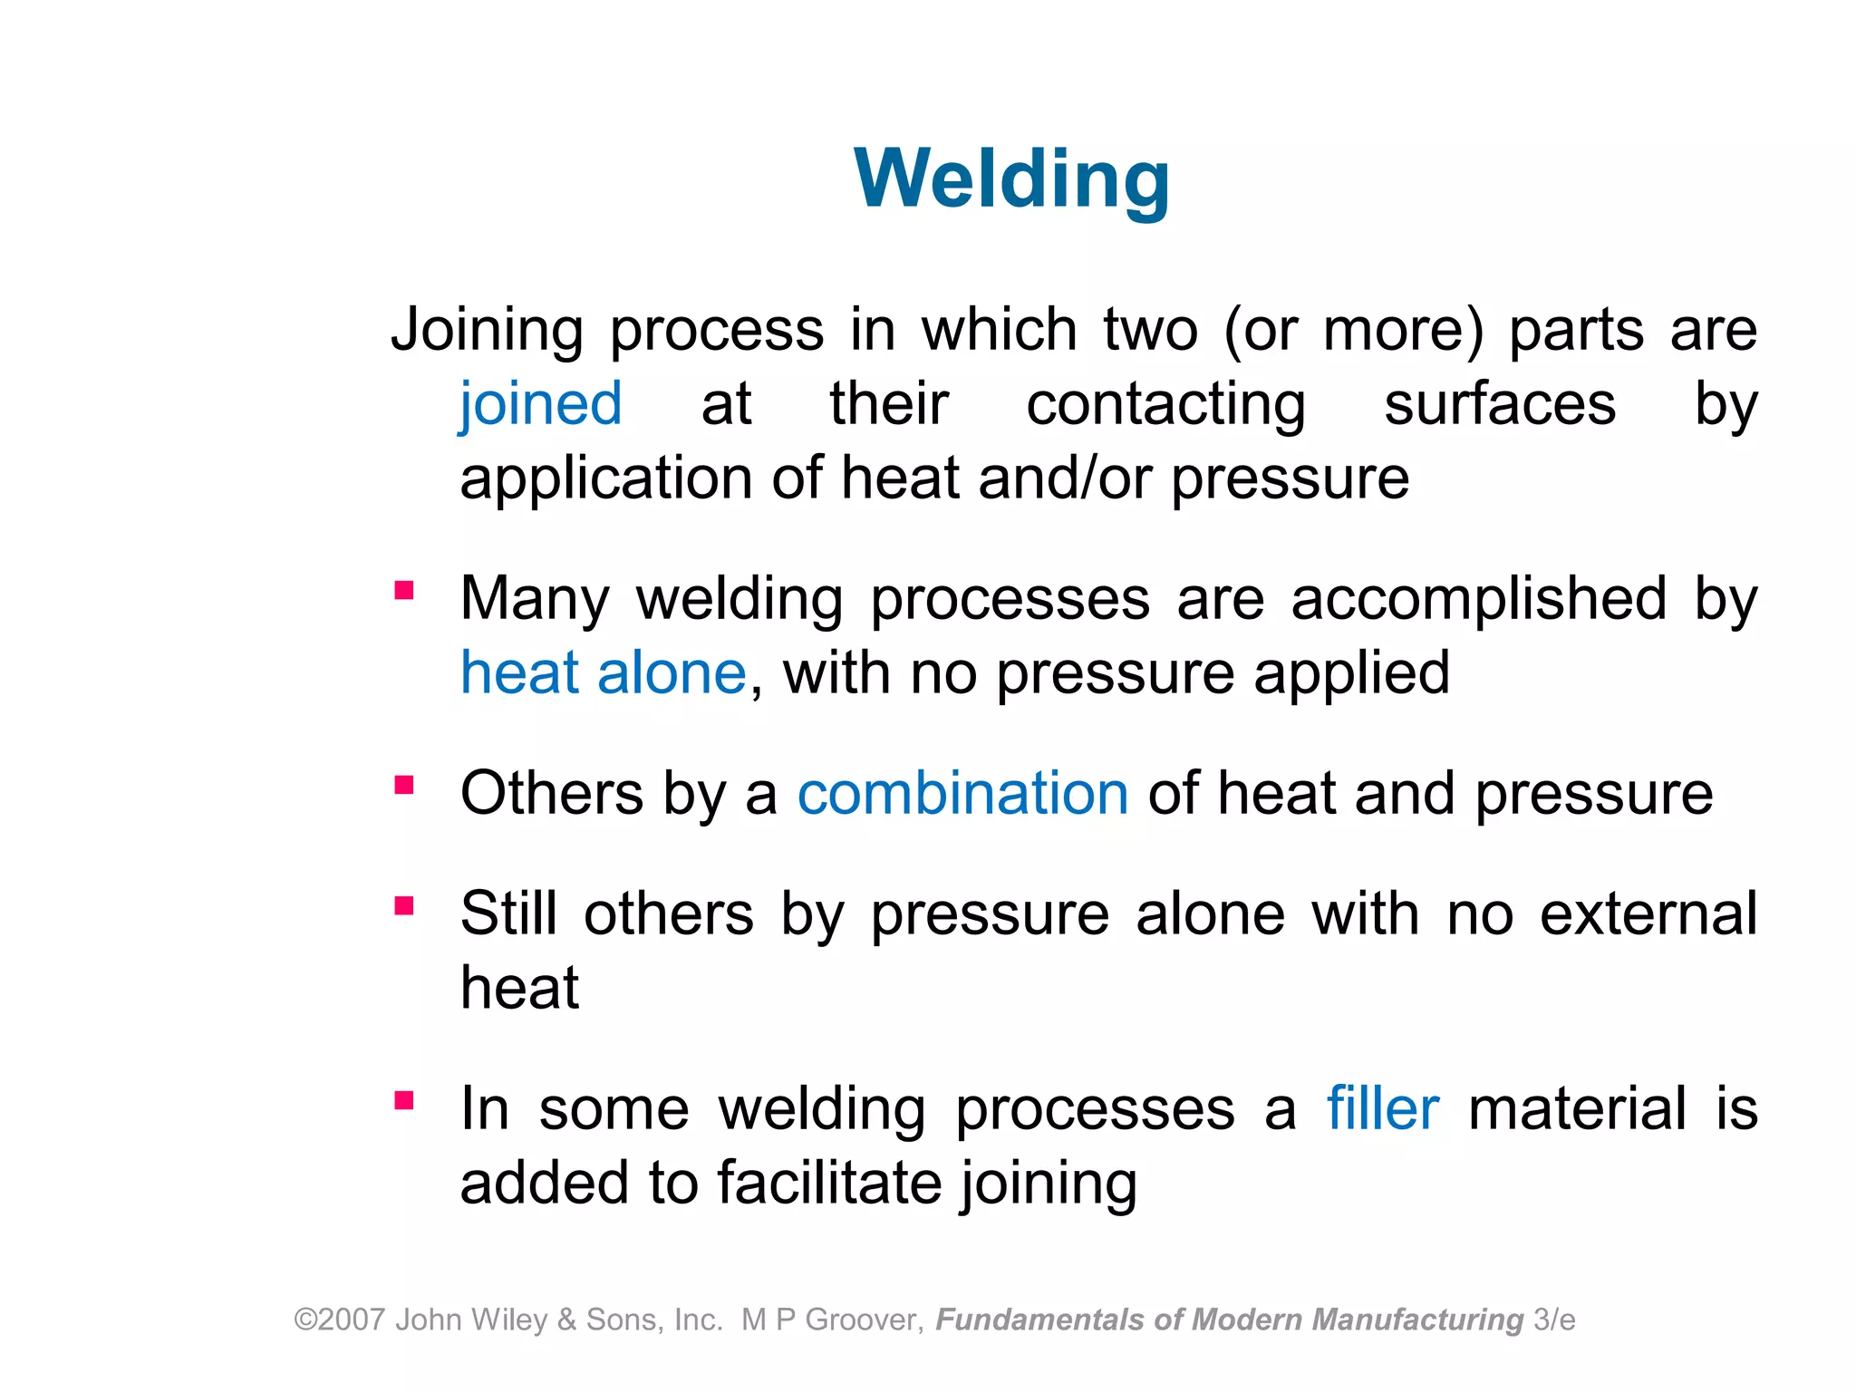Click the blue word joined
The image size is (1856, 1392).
click(541, 404)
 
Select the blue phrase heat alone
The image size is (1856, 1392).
click(603, 673)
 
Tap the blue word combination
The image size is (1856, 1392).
click(962, 794)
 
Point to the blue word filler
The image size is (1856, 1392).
click(1382, 1108)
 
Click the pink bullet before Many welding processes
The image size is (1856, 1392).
click(404, 591)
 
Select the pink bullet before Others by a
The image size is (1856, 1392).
click(404, 784)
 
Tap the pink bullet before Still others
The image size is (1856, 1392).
click(404, 905)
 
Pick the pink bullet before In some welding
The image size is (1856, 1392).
click(404, 1100)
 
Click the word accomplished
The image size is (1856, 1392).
click(1478, 600)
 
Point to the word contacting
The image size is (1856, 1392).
click(1165, 404)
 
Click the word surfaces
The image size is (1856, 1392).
click(1500, 404)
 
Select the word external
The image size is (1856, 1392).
click(1648, 913)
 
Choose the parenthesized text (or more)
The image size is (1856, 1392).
click(1354, 330)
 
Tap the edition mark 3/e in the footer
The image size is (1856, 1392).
click(1554, 1320)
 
